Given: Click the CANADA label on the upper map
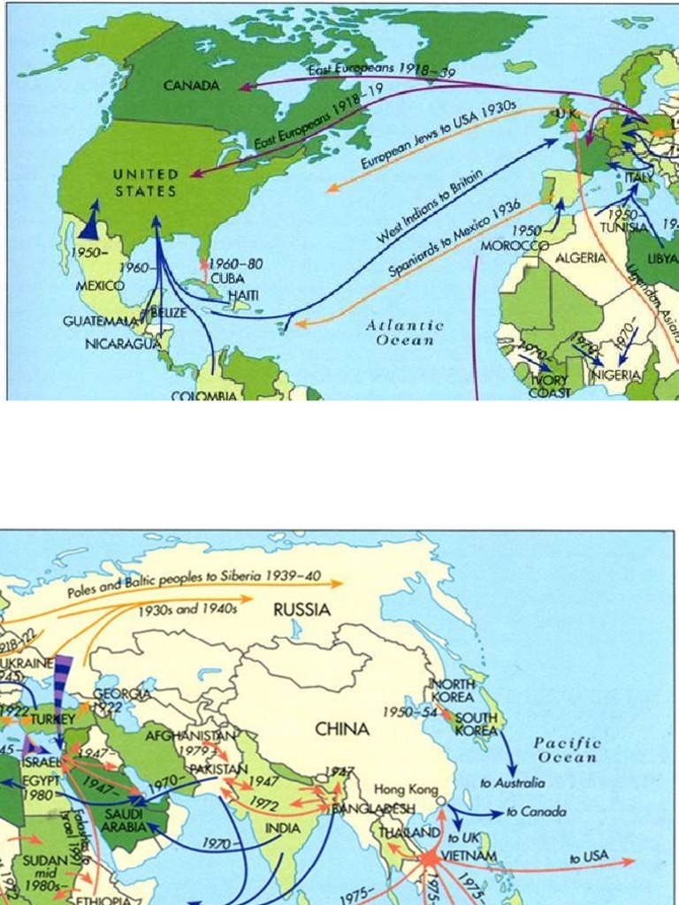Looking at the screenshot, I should click(191, 86).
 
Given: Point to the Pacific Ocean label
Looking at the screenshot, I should click(567, 750).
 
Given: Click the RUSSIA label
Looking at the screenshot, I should click(301, 609).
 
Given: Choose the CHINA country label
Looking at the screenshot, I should click(342, 730).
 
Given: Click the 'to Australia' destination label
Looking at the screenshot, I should click(513, 783).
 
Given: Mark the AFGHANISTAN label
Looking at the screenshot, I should click(191, 735).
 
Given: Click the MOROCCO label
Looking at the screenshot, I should click(515, 245).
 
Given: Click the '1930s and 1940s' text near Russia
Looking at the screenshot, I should click(187, 609).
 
